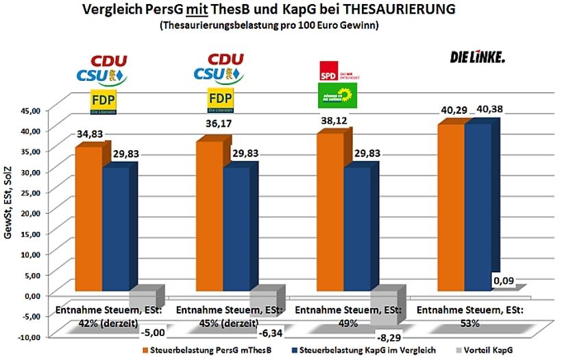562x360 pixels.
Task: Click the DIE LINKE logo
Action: coord(477,58)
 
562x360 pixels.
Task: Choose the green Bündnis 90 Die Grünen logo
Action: coord(339,96)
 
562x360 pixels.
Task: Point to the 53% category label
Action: coord(469,322)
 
